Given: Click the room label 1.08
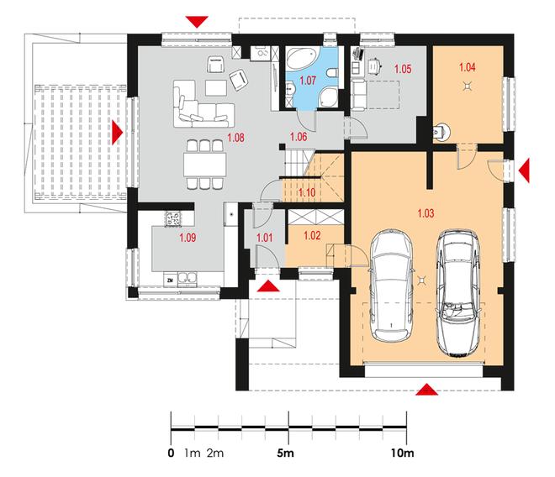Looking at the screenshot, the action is point(235,138).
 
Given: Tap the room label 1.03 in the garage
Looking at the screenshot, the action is point(425,213).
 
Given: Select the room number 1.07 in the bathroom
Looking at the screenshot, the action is point(308,81).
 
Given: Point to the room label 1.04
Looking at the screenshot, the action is point(468,67).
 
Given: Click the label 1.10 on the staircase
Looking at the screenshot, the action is point(307,193).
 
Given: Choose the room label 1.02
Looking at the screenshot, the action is point(312,235).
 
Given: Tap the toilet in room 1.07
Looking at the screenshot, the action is point(332,72).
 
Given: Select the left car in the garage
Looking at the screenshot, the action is point(391,286).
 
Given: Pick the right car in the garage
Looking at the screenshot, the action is point(458,293).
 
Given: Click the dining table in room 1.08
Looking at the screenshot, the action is point(204,165).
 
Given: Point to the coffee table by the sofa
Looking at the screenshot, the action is point(216,87).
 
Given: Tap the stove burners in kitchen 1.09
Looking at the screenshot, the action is point(173,218).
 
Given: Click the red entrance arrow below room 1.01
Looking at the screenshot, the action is point(268,286).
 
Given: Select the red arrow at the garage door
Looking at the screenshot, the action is point(427,389).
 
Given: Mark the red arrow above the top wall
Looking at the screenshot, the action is point(197,22).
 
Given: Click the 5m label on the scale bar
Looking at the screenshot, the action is point(285,453).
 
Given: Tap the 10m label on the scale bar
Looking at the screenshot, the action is point(403,453).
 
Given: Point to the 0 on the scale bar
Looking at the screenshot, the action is point(171,453).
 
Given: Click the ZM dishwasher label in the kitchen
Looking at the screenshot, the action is point(170,280).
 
